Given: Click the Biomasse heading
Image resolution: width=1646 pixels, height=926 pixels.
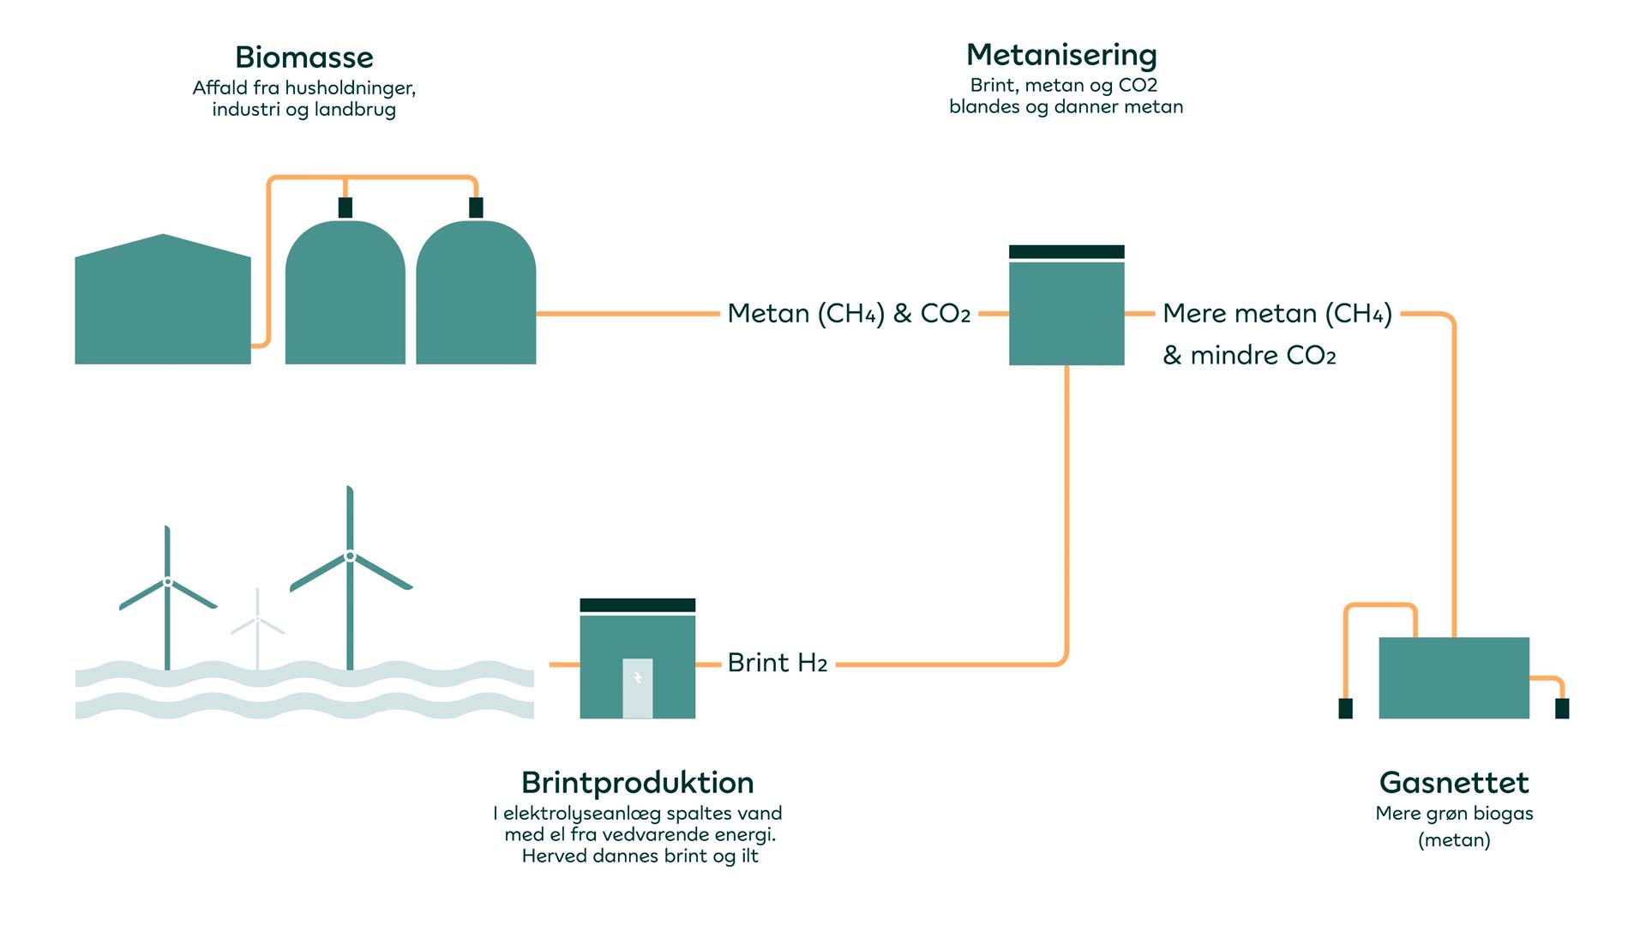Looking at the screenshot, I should [x=304, y=57].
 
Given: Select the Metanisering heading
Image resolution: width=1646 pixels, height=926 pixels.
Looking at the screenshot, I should [x=1061, y=55].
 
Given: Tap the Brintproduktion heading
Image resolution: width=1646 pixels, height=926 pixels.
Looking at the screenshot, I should [x=637, y=782].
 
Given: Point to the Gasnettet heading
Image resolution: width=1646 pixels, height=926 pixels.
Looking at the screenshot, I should [x=1454, y=782].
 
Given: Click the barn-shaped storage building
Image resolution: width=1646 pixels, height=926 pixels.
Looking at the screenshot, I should [x=163, y=304].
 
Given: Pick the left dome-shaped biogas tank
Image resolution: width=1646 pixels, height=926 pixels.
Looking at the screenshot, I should [x=345, y=296].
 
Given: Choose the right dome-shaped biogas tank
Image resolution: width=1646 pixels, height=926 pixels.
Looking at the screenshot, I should [x=476, y=296].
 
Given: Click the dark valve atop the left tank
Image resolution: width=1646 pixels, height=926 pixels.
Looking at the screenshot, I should [x=345, y=207].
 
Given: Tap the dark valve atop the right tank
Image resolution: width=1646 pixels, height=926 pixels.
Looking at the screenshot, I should [x=477, y=207].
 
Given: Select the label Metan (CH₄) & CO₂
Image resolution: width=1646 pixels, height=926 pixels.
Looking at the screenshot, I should [x=849, y=314].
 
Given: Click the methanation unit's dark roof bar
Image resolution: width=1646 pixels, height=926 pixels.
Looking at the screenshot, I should [x=1066, y=251].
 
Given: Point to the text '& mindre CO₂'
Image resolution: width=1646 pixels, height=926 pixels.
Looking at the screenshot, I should [x=1249, y=355].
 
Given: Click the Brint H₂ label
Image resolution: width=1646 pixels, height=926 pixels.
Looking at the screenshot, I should [x=777, y=663].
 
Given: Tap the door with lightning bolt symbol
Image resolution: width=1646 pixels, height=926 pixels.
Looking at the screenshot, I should [x=637, y=688].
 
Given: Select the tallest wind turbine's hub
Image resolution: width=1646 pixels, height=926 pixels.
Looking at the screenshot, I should [x=350, y=556].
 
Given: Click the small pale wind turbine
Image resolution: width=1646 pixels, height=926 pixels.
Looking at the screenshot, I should [x=257, y=626].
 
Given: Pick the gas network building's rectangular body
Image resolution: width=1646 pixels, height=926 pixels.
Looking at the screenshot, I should [x=1454, y=677].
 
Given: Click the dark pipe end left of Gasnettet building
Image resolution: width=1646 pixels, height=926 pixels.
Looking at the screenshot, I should [x=1345, y=708].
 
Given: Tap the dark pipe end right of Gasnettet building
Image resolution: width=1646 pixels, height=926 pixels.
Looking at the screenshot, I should [x=1562, y=708].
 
